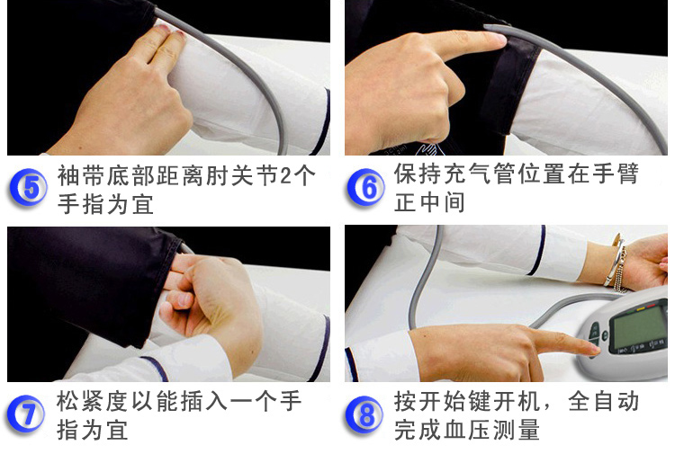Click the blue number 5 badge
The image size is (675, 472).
[29, 188]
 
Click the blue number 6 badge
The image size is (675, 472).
[366, 188]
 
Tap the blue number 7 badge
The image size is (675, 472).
[26, 414]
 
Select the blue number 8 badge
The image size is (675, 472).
[364, 414]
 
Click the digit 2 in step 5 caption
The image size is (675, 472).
[284, 175]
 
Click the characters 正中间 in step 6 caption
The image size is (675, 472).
[429, 202]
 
